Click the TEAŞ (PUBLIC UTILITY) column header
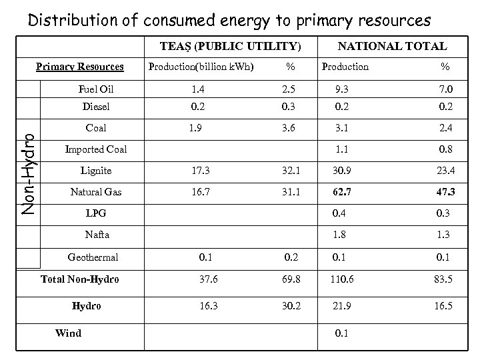tap(231, 47)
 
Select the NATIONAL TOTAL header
tap(392, 47)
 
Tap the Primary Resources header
tap(79, 67)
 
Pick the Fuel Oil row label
tap(97, 89)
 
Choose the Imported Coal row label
tap(95, 149)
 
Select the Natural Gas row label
tap(97, 193)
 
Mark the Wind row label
tap(68, 333)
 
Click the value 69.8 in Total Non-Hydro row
tap(290, 279)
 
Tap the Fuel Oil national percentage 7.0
tap(445, 89)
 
